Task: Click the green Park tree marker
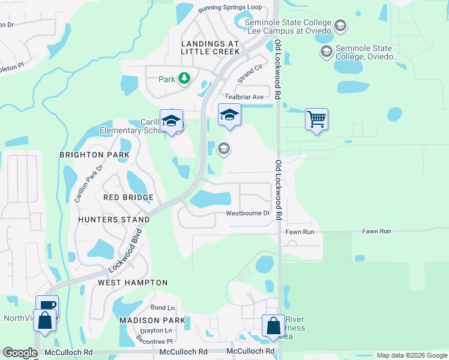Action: coord(184,79)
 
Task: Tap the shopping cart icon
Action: coord(316,118)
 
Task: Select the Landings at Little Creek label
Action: coord(210,48)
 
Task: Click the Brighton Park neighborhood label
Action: coord(94,155)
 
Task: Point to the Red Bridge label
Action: coord(128,197)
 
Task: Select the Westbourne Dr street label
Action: coord(248,214)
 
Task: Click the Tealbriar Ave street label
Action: coord(244,97)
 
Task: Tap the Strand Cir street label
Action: coord(250,74)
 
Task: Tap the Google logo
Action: coord(20,353)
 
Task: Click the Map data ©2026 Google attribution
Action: coord(412,355)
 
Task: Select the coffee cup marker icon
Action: coord(47,305)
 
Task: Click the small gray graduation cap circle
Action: coord(224,148)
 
